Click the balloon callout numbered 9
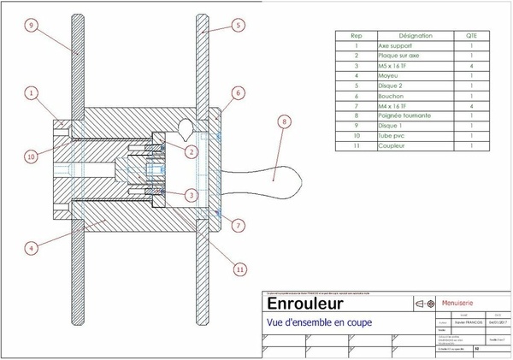31,27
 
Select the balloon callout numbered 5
239,27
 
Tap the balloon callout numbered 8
285,122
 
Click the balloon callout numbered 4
31,249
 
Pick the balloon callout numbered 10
31,156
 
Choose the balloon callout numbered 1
31,92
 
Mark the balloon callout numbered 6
239,92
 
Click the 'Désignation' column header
416,36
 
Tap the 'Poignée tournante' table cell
404,115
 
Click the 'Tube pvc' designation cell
393,135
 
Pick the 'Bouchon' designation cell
392,95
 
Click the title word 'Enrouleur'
305,304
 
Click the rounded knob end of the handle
290,181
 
